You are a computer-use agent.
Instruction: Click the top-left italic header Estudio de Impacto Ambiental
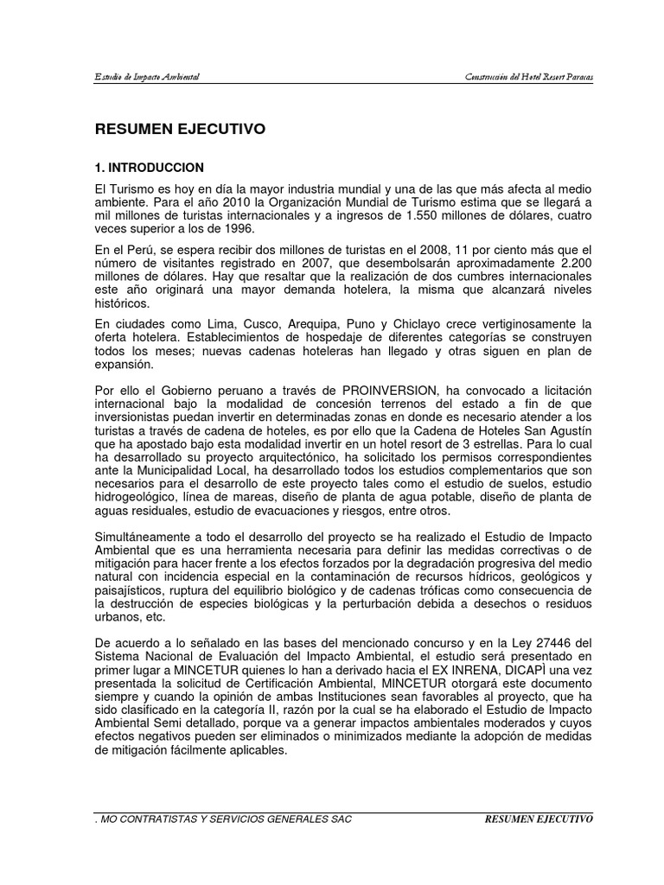[148, 78]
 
